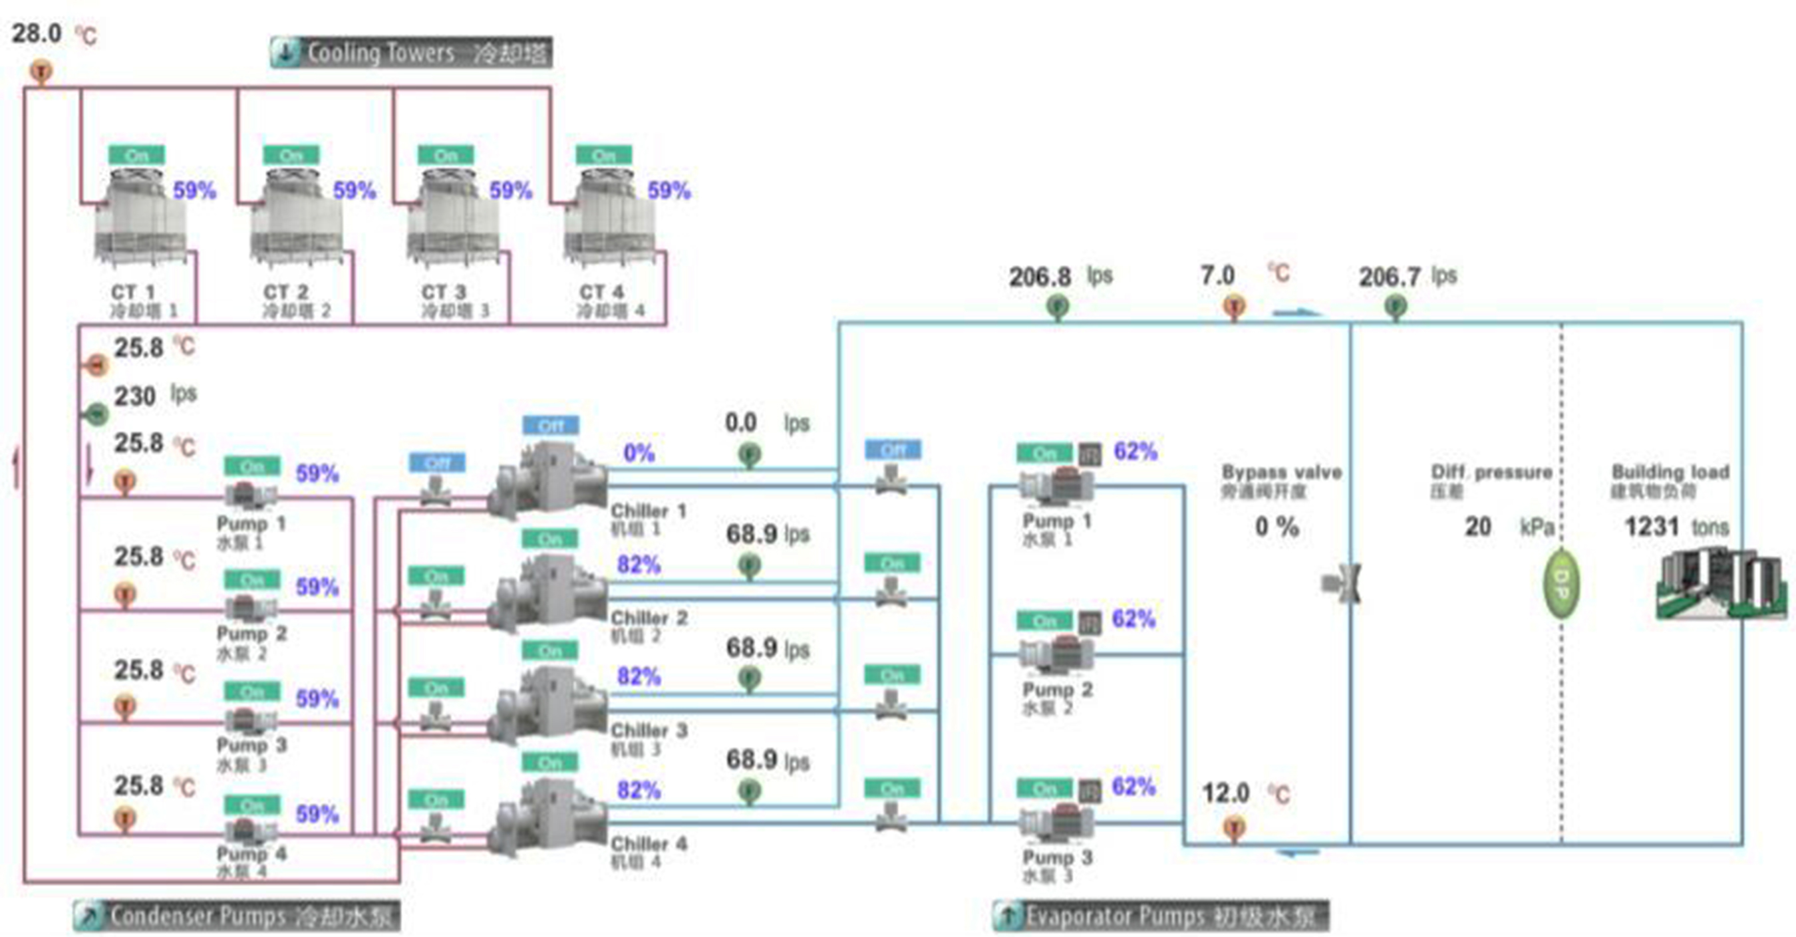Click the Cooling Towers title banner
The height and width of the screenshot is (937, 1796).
[411, 53]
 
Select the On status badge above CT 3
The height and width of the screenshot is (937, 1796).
[446, 155]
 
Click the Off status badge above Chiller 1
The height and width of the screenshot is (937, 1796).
[550, 426]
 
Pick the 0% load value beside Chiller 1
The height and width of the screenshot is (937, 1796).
[639, 453]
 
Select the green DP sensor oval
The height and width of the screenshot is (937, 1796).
[1561, 583]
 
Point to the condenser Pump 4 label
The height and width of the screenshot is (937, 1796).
[251, 854]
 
